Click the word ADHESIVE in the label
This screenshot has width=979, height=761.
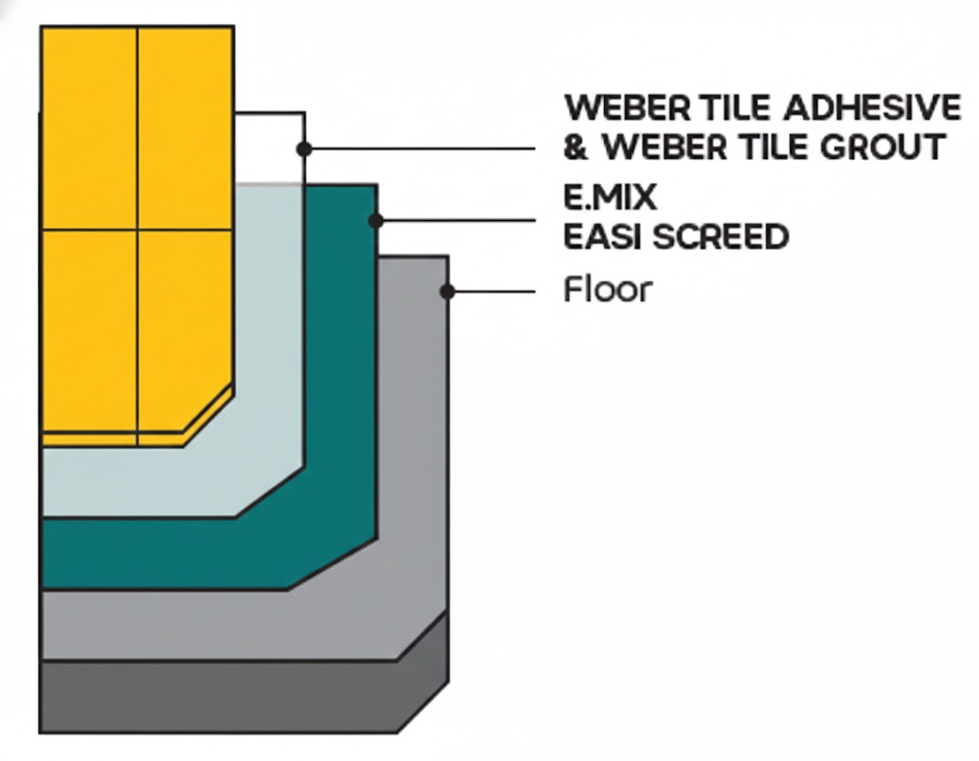[x=871, y=107]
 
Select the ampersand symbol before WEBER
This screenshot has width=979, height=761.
[x=577, y=149]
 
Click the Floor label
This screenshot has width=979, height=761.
[x=607, y=289]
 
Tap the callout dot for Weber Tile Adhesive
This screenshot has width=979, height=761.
[x=304, y=149]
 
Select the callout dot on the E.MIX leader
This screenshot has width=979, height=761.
[x=376, y=221]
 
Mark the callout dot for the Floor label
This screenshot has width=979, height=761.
[x=446, y=291]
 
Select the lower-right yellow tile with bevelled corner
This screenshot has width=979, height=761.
[x=182, y=325]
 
